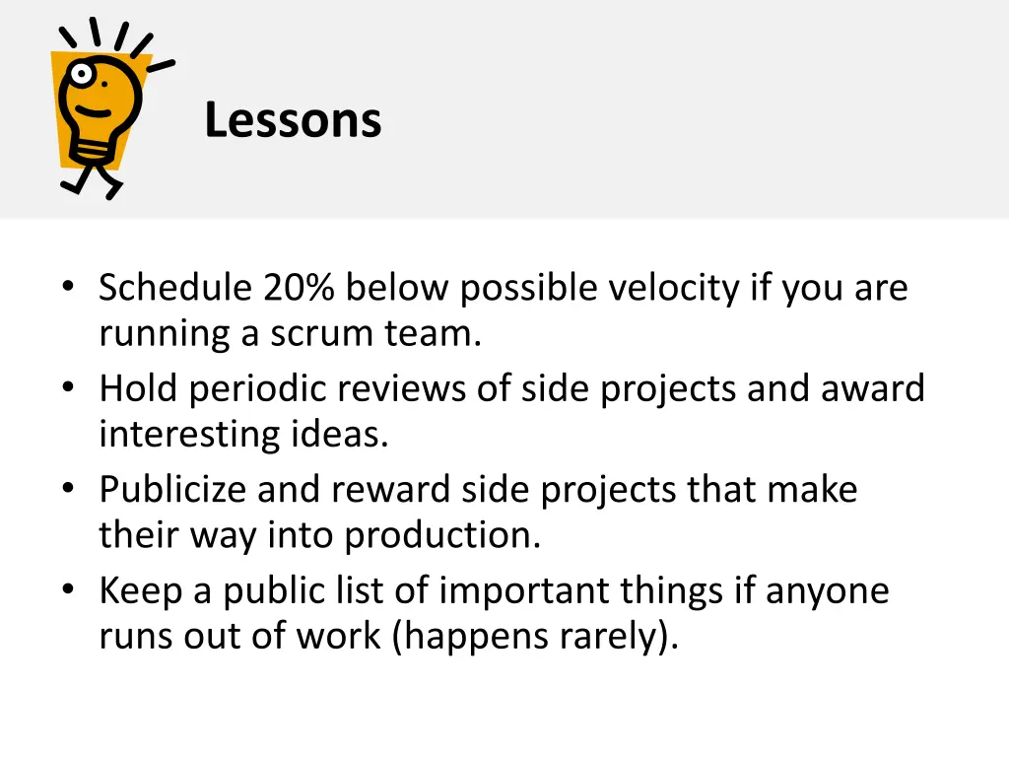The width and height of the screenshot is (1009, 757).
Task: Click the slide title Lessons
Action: coord(293,121)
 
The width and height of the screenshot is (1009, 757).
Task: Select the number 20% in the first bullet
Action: coord(300,288)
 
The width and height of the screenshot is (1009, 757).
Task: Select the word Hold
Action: coord(139,388)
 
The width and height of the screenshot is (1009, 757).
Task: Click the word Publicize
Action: coord(173,490)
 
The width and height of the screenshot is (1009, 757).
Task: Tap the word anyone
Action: coord(827,590)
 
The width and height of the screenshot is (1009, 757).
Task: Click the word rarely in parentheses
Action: coord(620,637)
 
